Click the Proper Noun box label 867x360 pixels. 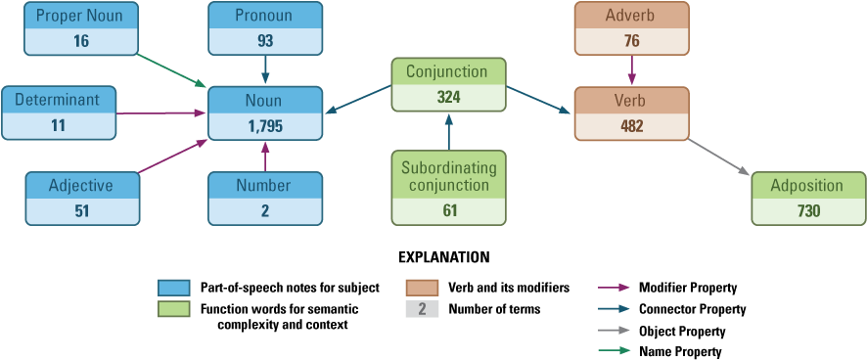point(80,16)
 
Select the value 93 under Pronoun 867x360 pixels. point(264,42)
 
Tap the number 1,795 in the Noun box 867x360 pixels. point(264,126)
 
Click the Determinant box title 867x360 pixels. point(59,99)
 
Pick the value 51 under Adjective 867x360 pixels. point(80,211)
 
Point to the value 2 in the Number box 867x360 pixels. point(264,211)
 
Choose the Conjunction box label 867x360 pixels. point(448,71)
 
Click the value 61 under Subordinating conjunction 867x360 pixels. point(448,210)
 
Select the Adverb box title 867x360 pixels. point(631,16)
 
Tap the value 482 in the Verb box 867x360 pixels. point(631,126)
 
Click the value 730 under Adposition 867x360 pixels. point(808,211)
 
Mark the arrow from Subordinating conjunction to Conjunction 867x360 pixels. point(448,131)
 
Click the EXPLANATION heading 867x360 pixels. point(443,258)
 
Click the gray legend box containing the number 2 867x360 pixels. point(421,309)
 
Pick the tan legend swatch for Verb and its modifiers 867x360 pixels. point(421,289)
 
